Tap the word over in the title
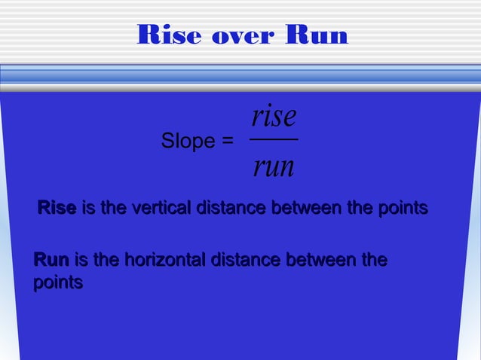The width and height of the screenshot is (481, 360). [240, 35]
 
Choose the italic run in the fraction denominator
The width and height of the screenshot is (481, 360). [273, 166]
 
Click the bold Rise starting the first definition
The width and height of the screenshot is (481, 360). [57, 207]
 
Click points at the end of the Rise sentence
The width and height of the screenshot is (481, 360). [403, 207]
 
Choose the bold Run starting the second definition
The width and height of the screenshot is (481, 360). [51, 261]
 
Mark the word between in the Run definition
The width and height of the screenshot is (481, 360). [314, 261]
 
